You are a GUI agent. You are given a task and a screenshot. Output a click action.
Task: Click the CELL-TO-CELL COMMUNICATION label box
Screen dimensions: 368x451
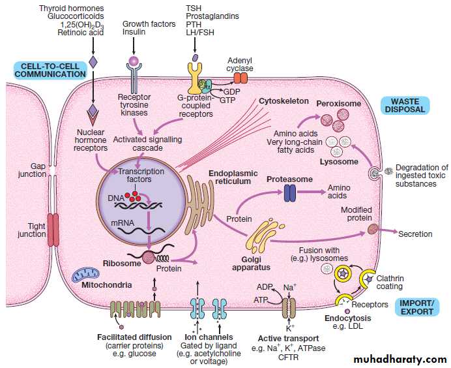click(50, 69)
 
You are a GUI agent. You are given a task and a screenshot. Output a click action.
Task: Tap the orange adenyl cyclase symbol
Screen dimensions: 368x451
click(241, 78)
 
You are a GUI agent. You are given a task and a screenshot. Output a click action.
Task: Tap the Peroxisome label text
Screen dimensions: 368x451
click(338, 104)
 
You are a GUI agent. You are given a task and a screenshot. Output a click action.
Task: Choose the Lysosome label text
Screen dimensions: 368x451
click(340, 161)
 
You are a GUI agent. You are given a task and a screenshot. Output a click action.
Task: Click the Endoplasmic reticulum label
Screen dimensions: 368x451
click(232, 177)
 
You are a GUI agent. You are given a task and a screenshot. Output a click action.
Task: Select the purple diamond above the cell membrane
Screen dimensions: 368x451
click(93, 63)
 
